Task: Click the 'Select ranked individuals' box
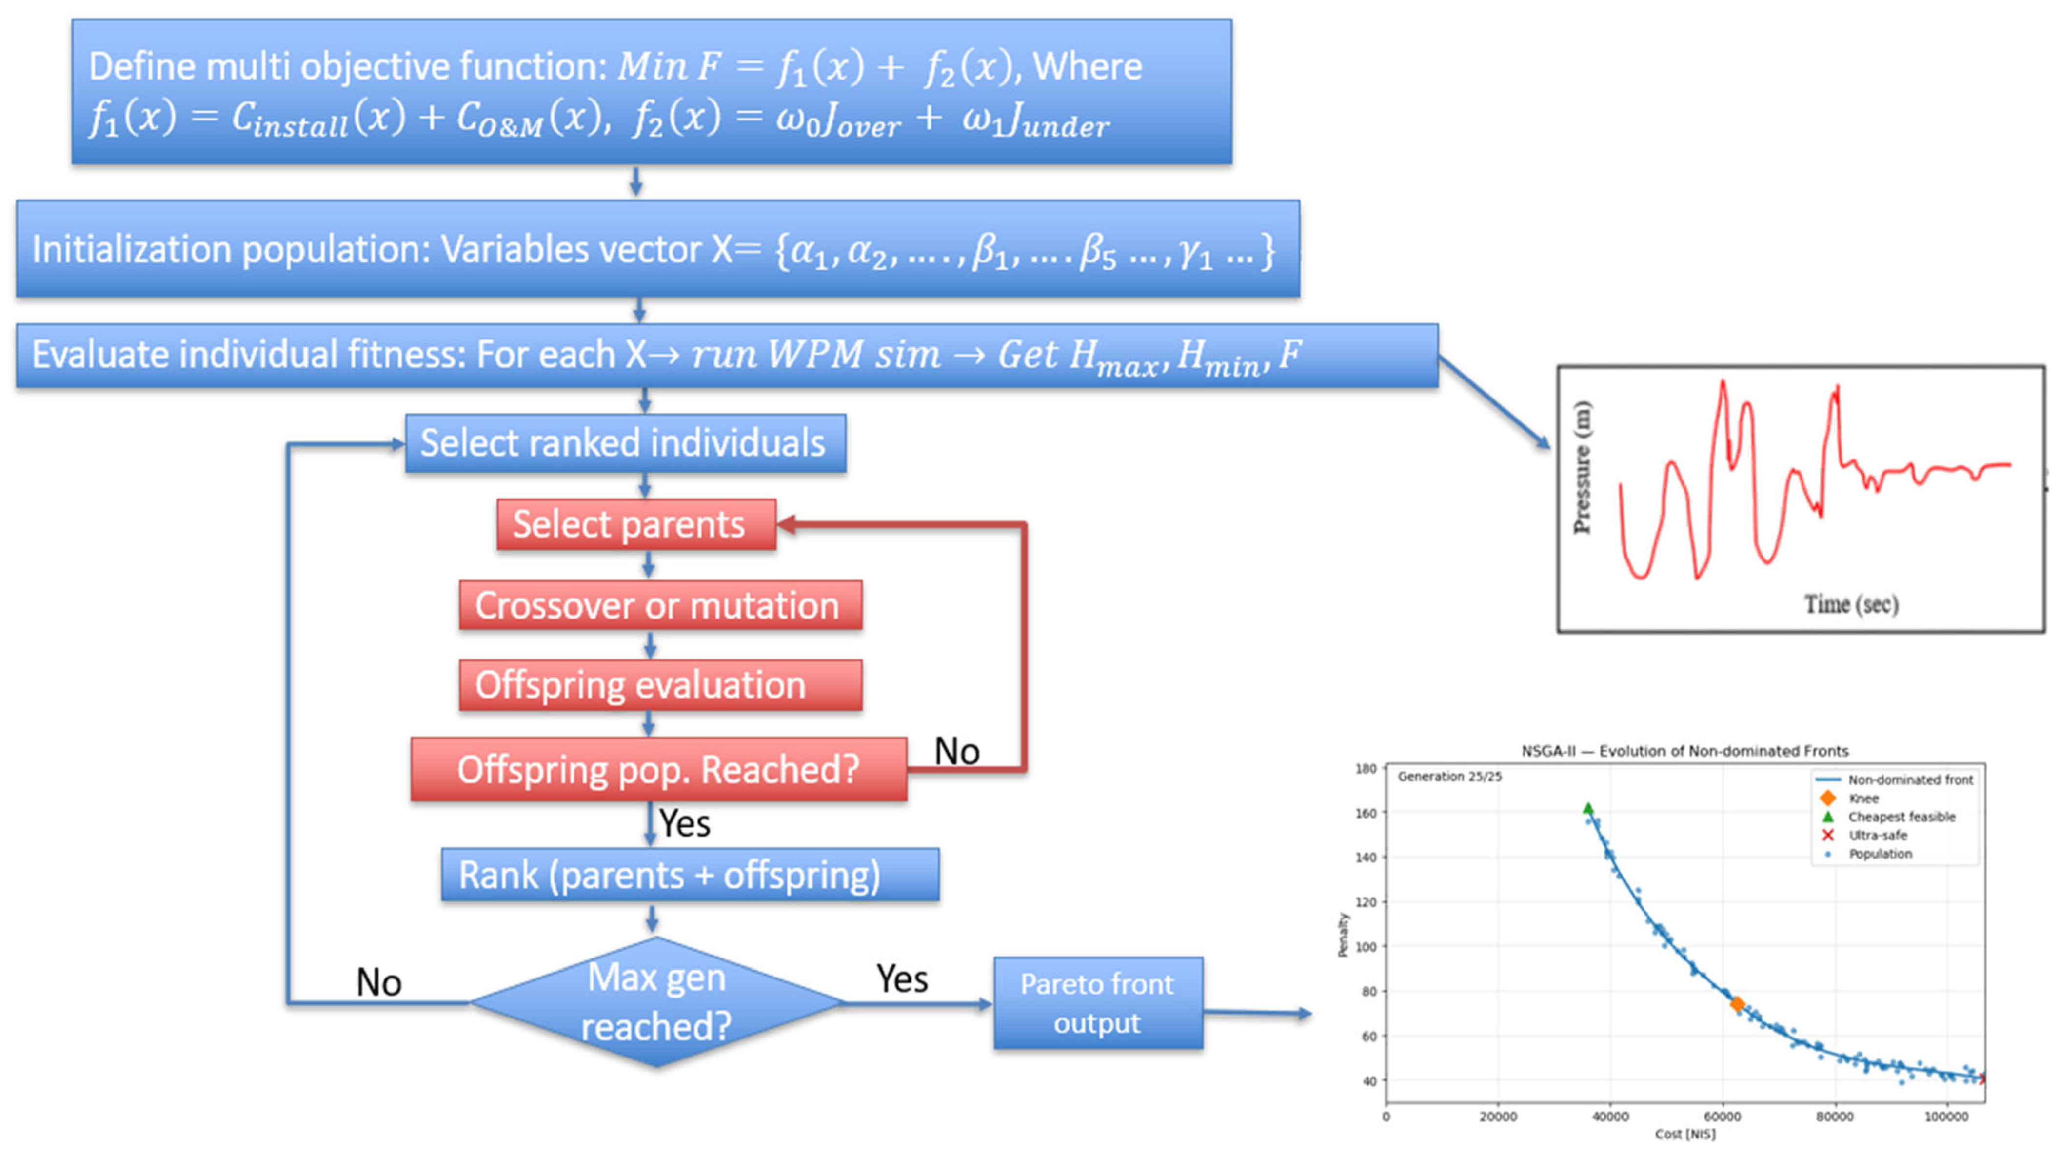coord(625,443)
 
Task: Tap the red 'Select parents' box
coord(636,525)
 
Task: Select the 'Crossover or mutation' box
coord(660,605)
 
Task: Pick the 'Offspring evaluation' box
coord(660,685)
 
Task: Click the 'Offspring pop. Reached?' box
coord(659,769)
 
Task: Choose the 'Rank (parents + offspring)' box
coord(690,875)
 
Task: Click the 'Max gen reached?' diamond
coord(656,1002)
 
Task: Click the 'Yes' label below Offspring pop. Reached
coord(685,824)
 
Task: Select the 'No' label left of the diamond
coord(378,983)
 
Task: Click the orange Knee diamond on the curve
coord(1737,1004)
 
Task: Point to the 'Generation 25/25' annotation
coord(1450,777)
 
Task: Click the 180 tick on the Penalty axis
coord(1366,769)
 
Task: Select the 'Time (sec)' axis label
coord(1851,604)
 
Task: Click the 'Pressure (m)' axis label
coord(1582,467)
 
